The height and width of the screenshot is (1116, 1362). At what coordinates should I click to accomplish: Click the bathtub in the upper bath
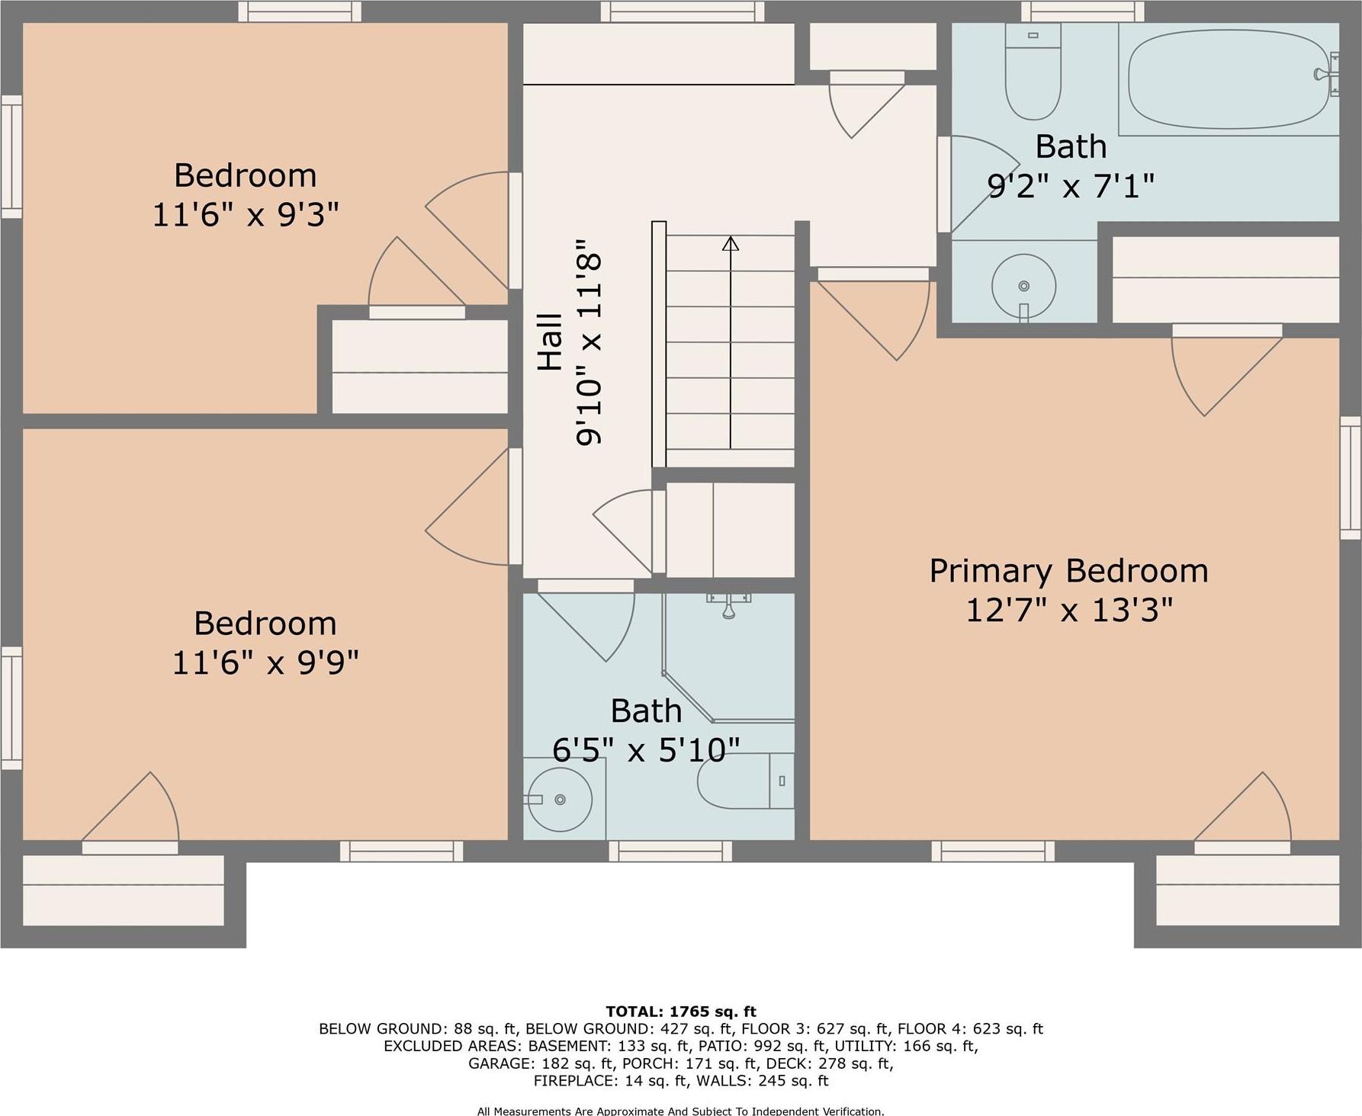tap(1228, 79)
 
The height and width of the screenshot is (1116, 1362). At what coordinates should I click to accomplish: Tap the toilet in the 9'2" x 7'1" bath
tap(1033, 72)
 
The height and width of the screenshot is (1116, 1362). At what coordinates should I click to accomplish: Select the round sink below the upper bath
tap(1023, 286)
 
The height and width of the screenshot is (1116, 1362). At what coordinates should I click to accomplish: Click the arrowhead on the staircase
tap(731, 244)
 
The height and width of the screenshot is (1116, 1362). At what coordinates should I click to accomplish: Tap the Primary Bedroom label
tap(1068, 571)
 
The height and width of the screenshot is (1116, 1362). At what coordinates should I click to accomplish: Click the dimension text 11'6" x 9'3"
tap(246, 215)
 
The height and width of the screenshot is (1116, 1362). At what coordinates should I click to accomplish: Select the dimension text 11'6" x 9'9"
tap(265, 662)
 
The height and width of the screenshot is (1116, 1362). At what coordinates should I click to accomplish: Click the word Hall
tap(550, 342)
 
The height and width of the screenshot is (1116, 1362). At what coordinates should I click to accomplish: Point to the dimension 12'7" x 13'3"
tap(1068, 611)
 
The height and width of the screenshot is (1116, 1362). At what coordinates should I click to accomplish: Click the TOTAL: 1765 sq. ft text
tap(680, 1012)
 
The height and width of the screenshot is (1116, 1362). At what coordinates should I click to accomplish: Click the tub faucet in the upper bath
tap(1327, 74)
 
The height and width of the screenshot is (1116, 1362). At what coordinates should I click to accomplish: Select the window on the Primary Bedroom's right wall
tap(1351, 478)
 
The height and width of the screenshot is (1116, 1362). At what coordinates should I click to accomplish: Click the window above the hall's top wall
tap(682, 11)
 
